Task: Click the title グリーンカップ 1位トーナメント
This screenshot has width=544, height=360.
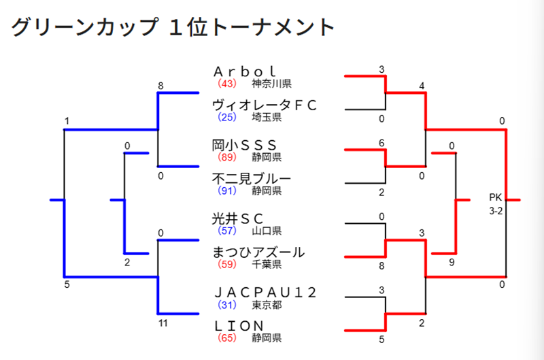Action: pyautogui.click(x=173, y=27)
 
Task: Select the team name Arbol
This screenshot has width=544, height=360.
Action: pyautogui.click(x=245, y=71)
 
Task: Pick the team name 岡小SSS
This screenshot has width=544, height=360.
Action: pyautogui.click(x=245, y=144)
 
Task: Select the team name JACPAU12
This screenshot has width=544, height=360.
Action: pyautogui.click(x=265, y=292)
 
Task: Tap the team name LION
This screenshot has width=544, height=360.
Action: pyautogui.click(x=245, y=326)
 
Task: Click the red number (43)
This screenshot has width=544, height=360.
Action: pyautogui.click(x=227, y=84)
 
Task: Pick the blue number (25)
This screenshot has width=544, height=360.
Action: pyautogui.click(x=227, y=118)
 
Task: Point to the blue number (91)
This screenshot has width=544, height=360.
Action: pyautogui.click(x=227, y=191)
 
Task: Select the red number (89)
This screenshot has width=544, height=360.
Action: pyautogui.click(x=227, y=157)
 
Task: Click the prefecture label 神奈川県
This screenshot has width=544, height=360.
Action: pyautogui.click(x=272, y=84)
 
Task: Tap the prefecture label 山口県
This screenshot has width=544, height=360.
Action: pyautogui.click(x=267, y=231)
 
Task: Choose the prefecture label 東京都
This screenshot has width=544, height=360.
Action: pyautogui.click(x=267, y=304)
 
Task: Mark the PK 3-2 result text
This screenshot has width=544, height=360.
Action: pyautogui.click(x=496, y=204)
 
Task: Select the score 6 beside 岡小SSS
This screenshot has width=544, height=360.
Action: pyautogui.click(x=382, y=142)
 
